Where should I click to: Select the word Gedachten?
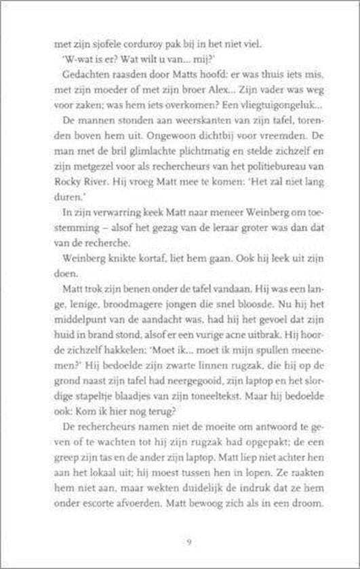(x=83, y=75)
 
